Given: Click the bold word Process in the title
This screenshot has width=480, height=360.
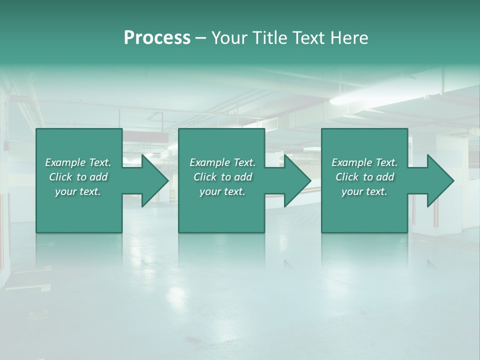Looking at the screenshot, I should pyautogui.click(x=157, y=38).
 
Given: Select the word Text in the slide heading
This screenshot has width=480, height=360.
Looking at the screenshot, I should pyautogui.click(x=307, y=38).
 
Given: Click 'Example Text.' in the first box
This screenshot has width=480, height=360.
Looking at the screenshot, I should pyautogui.click(x=78, y=162).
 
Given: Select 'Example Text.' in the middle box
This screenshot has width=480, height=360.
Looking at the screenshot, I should pyautogui.click(x=222, y=162).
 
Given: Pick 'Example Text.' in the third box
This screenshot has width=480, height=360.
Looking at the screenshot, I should pyautogui.click(x=364, y=162).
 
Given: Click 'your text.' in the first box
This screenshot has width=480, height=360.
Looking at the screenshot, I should pyautogui.click(x=78, y=191).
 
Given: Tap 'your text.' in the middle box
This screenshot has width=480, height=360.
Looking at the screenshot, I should pyautogui.click(x=222, y=191).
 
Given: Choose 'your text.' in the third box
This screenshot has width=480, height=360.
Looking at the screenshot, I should pyautogui.click(x=364, y=191).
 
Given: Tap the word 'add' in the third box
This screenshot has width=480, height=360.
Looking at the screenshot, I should pyautogui.click(x=385, y=177).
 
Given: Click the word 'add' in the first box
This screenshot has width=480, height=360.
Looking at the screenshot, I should pyautogui.click(x=98, y=177).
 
